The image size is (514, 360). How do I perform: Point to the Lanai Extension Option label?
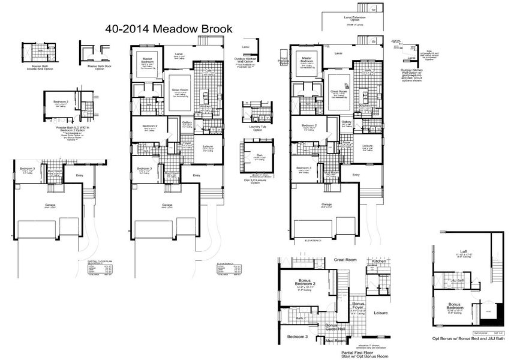[355, 19]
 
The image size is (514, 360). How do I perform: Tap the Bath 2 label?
[301, 318]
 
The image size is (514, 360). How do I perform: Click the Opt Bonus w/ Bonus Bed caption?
[470, 339]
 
